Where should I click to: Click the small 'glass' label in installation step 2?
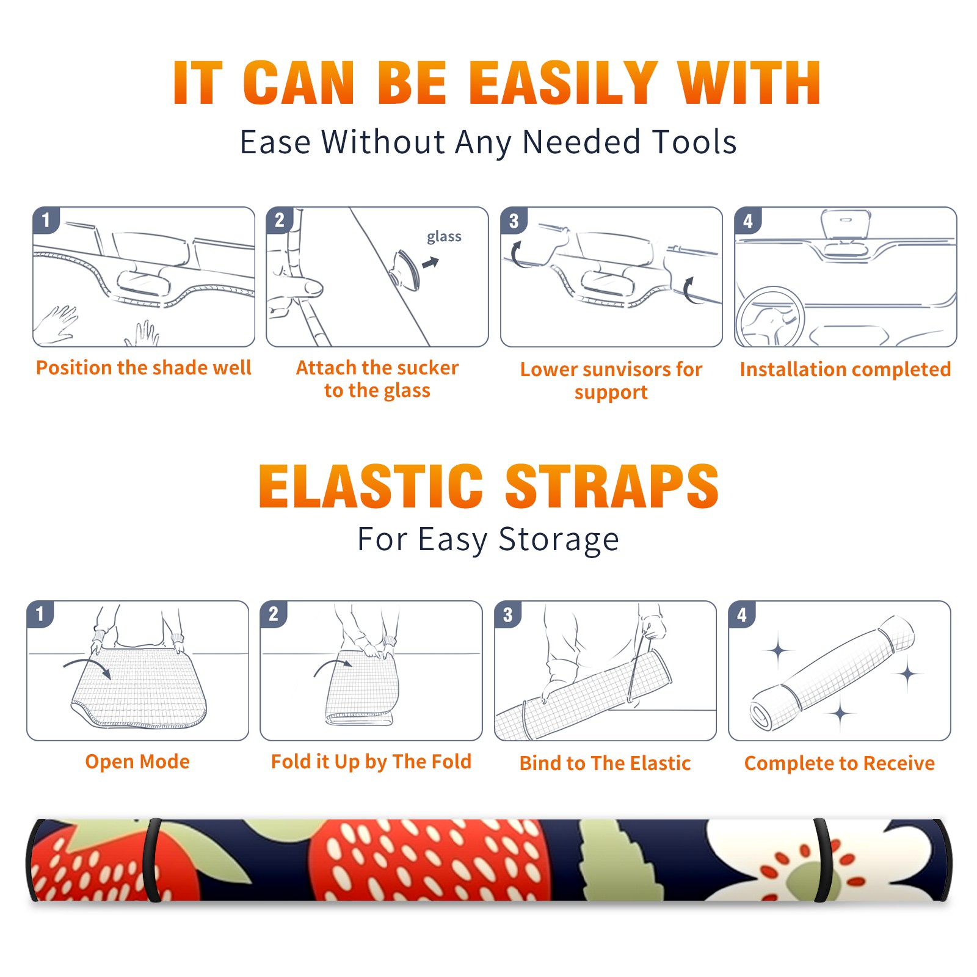444,236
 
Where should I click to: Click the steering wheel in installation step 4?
770,317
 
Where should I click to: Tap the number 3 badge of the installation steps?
514,220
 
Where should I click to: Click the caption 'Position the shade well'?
143,368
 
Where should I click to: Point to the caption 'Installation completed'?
845,369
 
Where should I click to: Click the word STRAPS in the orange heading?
612,486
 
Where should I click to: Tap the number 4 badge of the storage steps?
742,614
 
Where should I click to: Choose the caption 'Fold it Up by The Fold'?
371,761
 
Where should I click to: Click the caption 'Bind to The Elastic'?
605,763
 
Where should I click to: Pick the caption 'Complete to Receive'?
840,763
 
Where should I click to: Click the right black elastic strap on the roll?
823,860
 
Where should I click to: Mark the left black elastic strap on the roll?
151,860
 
